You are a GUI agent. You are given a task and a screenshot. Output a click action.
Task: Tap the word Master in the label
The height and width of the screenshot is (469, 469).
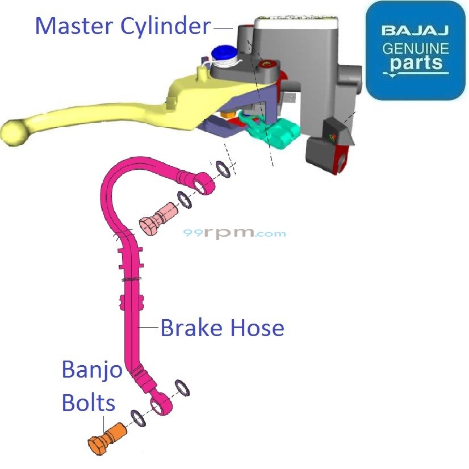click(74, 26)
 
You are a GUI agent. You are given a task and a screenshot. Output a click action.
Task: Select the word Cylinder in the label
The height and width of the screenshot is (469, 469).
click(165, 26)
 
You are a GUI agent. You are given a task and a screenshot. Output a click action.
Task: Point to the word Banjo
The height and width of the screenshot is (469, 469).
click(91, 371)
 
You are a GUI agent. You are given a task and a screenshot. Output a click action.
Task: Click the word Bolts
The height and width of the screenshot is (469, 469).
click(88, 403)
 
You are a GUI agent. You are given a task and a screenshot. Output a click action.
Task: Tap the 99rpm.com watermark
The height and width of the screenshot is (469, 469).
click(235, 233)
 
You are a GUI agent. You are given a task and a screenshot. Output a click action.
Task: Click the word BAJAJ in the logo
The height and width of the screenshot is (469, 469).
click(415, 30)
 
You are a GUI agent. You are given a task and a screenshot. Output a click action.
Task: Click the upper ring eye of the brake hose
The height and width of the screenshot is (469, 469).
click(203, 183)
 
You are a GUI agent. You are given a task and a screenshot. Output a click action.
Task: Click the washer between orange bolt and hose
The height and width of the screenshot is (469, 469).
click(139, 418)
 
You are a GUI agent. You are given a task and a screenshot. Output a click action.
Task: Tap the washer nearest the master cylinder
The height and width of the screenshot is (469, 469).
click(223, 169)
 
